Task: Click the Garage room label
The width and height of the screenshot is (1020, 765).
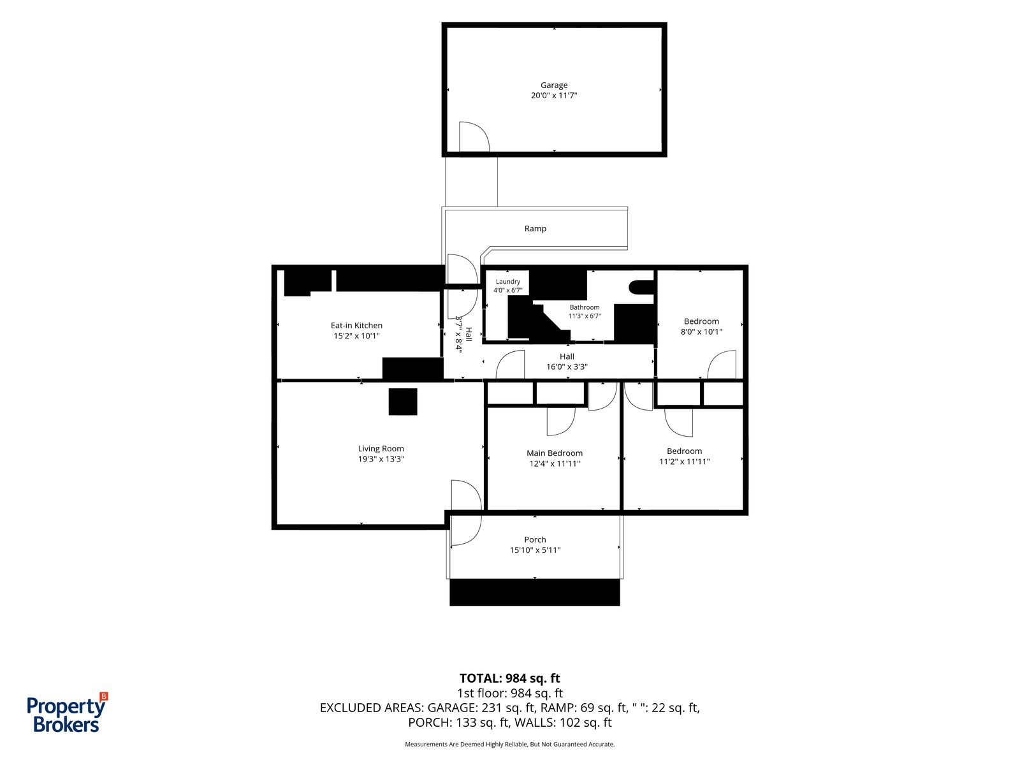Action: (x=554, y=85)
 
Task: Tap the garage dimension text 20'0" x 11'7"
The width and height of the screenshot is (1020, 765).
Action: (x=554, y=95)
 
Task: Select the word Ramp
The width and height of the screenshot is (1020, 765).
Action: (x=535, y=228)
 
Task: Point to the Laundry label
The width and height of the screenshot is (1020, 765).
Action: (x=508, y=282)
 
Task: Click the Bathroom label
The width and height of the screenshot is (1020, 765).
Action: (x=585, y=307)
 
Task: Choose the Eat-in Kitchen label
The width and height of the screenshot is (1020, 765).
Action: (x=356, y=326)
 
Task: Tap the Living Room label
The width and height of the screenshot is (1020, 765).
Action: (x=381, y=449)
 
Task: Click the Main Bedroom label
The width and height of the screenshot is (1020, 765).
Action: (x=555, y=453)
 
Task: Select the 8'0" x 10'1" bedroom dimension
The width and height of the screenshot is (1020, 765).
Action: (x=701, y=331)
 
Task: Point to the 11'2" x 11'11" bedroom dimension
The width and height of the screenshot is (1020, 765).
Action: (x=684, y=461)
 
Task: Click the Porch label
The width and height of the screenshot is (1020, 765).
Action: (x=535, y=540)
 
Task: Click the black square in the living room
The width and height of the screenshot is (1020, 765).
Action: (x=403, y=402)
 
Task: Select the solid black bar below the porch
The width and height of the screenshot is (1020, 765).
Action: (x=534, y=592)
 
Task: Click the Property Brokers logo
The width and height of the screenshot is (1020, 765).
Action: (x=67, y=713)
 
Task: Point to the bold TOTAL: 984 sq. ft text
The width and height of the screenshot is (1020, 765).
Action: (x=510, y=678)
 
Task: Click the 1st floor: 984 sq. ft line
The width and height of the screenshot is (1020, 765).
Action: (x=510, y=693)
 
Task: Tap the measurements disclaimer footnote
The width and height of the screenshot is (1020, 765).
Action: (x=510, y=744)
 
